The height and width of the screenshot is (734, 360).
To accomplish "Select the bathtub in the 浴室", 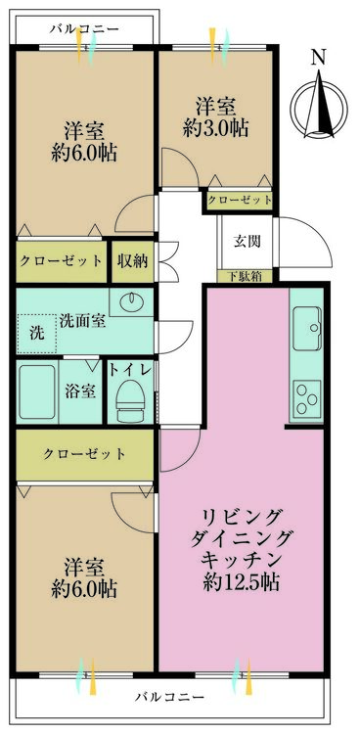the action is pos(37,391).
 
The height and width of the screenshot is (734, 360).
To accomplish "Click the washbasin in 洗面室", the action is pos(131,302).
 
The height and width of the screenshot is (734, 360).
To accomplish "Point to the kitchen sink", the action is pos(307,329).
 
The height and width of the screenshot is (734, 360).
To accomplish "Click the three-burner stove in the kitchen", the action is pos(307,398).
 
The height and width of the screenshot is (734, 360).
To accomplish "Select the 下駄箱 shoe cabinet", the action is pos(245,276).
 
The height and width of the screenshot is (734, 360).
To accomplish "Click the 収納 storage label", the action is pos(133,261).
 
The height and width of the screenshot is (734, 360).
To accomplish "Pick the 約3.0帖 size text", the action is pos(215,129).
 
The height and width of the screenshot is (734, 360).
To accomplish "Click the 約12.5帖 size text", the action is pos(242,583).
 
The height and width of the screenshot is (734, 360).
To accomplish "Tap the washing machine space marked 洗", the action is pos(36,334).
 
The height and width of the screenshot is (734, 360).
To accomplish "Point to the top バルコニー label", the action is pos(84,29).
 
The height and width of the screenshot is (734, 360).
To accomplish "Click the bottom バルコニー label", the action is pos(170,697).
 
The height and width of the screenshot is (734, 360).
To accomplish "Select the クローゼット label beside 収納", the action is pos(61,261).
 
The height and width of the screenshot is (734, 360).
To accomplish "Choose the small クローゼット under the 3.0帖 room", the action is pos(240,201).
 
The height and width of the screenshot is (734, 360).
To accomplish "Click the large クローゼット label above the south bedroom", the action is pos(85,453).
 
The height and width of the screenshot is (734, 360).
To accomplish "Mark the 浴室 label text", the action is pos(80,391).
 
